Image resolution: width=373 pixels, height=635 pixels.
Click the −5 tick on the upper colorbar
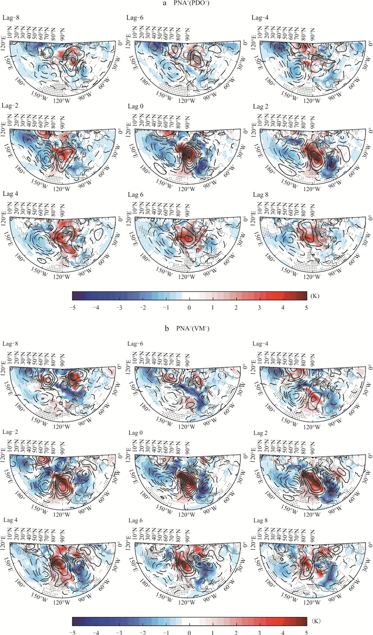[72, 308]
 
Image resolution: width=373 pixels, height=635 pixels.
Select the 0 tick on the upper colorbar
[189, 308]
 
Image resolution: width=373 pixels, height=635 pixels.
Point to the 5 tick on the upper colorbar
[306, 308]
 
